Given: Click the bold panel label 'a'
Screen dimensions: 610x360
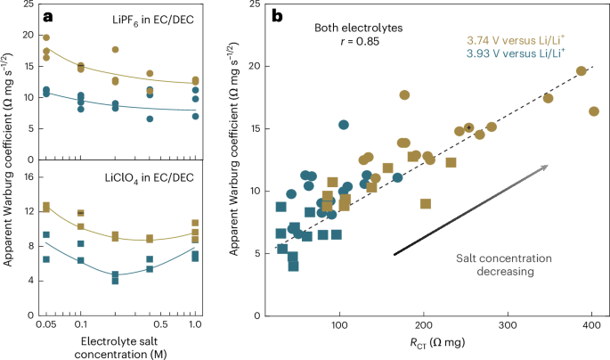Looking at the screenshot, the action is (x=48, y=17).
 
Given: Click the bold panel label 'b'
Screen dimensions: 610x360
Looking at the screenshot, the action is (x=277, y=16).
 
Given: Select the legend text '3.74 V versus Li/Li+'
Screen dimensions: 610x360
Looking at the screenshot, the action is (x=516, y=40).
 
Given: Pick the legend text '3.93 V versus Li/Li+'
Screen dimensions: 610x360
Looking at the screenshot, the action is (x=516, y=53).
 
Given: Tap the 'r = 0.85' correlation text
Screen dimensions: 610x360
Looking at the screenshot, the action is (x=360, y=41).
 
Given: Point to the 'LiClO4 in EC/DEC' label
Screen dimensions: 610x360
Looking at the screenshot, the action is (x=150, y=178).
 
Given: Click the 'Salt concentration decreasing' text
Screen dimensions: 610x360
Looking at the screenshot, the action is (x=504, y=265).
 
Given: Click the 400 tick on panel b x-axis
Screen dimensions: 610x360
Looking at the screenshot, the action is (x=591, y=325).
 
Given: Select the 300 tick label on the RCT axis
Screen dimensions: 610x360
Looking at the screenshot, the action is (x=508, y=325).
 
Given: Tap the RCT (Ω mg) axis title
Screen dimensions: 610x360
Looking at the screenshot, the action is (x=437, y=342).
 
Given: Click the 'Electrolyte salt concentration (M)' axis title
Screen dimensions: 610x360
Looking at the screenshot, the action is (x=120, y=348).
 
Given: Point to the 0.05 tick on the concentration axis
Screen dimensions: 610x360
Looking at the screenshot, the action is (x=46, y=324).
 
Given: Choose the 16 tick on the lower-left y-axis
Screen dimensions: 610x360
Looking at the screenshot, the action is (x=28, y=177).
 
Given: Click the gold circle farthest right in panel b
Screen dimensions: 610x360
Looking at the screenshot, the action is (x=594, y=111).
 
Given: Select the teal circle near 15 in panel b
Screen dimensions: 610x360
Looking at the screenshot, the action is (x=344, y=125).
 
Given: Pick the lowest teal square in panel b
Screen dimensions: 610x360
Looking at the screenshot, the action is (x=293, y=266).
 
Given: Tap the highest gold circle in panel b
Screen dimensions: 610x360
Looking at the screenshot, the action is (x=582, y=70).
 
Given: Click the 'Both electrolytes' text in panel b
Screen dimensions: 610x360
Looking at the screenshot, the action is (x=359, y=28).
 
